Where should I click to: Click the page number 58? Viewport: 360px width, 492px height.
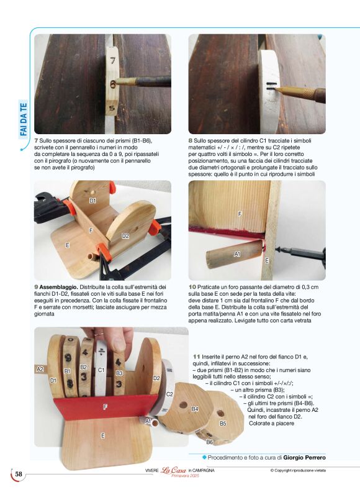(19, 475)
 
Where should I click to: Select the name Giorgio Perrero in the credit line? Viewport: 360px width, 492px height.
(304, 457)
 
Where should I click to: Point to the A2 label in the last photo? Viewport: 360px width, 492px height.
(40, 369)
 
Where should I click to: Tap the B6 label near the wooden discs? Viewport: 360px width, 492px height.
(210, 442)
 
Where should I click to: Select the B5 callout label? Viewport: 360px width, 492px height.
(223, 423)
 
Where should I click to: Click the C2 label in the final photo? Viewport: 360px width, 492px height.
(169, 394)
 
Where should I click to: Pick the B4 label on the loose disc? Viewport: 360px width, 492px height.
(194, 409)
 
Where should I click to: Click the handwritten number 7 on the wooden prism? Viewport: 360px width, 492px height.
(112, 61)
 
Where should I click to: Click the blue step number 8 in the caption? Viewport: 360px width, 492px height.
(191, 141)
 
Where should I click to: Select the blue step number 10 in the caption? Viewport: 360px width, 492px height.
(192, 287)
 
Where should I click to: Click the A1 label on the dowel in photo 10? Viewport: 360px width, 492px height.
(237, 254)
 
